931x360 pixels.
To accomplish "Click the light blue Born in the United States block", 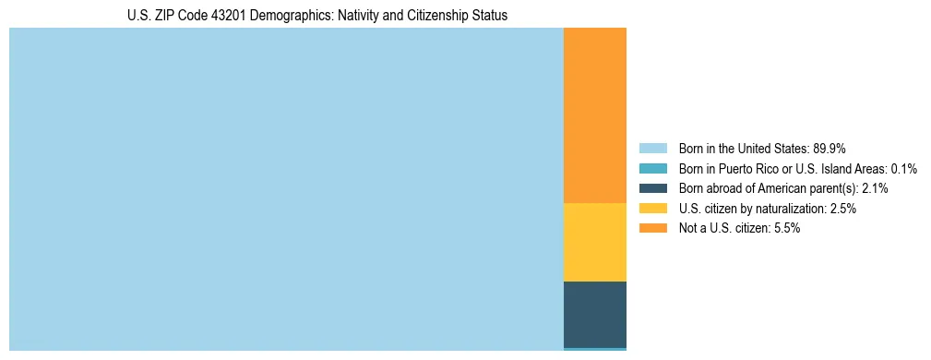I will [x=286, y=189].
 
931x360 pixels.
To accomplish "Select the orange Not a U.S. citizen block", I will [x=594, y=115].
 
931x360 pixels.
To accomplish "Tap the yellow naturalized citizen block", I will [x=594, y=242].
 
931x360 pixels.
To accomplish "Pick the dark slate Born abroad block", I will [x=594, y=314].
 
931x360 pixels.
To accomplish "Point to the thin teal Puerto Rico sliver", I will [x=594, y=349].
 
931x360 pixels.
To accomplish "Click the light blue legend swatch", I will [x=652, y=149].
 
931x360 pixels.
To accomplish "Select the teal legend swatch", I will [x=652, y=169].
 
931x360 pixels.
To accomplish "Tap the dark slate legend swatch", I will [x=652, y=188].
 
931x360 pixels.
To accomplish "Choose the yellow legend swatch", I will [x=652, y=209].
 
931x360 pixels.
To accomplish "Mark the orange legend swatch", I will [x=652, y=229].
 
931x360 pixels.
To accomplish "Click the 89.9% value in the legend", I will [x=830, y=149].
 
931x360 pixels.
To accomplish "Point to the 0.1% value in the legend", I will [x=903, y=169].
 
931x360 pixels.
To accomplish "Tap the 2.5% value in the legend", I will [x=841, y=209].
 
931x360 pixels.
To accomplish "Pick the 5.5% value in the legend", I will [x=785, y=229].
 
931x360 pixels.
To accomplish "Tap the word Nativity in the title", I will [x=345, y=16].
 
